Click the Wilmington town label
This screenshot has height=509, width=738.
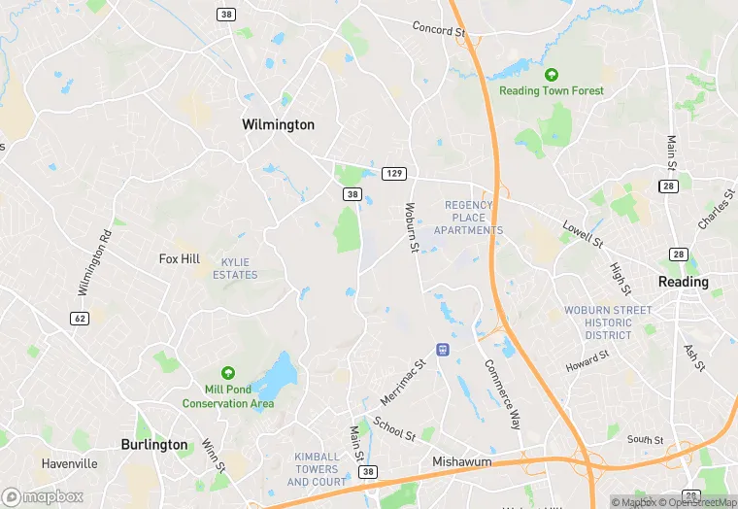click(x=278, y=125)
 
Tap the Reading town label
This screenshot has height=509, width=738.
click(x=684, y=282)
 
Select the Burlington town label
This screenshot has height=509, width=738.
click(x=154, y=444)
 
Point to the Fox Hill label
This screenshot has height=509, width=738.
click(x=180, y=259)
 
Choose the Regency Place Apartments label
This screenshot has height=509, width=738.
click(x=469, y=218)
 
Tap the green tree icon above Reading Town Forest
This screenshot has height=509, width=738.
click(x=552, y=75)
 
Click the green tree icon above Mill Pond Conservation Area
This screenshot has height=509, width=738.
click(x=228, y=373)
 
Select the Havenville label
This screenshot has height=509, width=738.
click(x=69, y=463)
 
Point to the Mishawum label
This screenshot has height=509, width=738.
click(x=461, y=462)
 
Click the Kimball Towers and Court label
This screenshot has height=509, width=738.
click(x=318, y=469)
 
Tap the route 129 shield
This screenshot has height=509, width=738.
click(x=392, y=173)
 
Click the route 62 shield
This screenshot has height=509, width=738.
click(x=79, y=318)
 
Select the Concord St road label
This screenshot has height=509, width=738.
click(x=439, y=29)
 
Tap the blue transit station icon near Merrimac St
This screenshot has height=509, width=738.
click(x=443, y=350)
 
